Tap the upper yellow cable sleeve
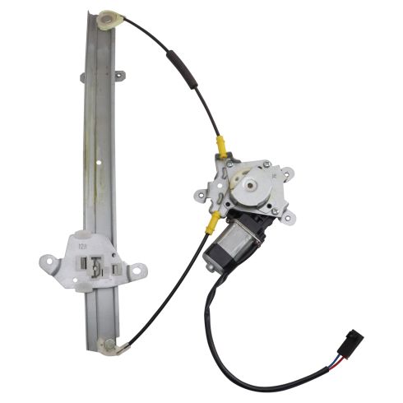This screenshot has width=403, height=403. pos(220,146)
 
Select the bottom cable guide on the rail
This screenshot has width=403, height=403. pos(106,345)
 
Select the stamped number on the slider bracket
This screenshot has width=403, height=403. pos(82,243)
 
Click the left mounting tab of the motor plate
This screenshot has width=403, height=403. pos(201,196)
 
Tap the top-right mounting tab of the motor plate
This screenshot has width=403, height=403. pos(287,174)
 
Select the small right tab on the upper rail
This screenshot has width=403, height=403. pos(119,76)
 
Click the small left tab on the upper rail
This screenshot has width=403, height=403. pos(83,78)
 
